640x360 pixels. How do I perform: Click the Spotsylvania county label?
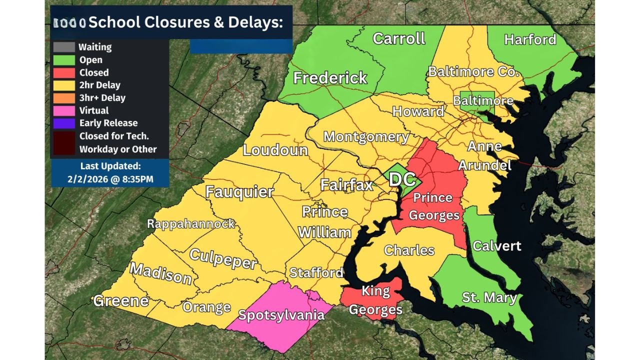click(281, 315)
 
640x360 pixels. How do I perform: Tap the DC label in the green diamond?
click(402, 179)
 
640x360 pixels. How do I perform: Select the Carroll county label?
click(398, 38)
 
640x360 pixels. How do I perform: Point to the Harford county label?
click(530, 39)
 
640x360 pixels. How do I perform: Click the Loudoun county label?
click(275, 149)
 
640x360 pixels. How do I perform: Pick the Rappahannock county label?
click(191, 223)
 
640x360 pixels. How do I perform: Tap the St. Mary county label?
click(489, 297)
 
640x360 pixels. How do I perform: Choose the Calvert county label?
click(496, 245)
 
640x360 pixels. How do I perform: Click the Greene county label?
click(121, 300)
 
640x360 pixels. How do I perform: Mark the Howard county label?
click(418, 111)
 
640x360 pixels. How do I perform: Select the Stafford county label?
click(316, 272)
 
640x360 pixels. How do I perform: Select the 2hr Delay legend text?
click(99, 85)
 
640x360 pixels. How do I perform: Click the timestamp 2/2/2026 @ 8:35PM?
click(110, 178)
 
